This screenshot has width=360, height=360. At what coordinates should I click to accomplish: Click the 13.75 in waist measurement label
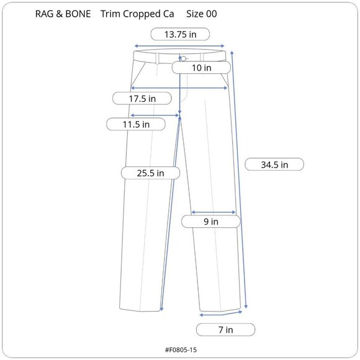click(x=180, y=34)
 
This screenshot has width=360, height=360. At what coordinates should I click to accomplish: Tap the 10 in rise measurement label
click(x=201, y=68)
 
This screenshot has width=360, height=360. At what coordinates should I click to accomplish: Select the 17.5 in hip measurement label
click(x=142, y=99)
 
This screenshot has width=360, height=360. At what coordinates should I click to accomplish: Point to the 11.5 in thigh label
click(x=136, y=124)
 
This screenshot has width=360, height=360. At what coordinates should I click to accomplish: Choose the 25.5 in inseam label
click(x=150, y=173)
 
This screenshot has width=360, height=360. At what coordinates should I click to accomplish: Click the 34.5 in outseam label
click(x=274, y=164)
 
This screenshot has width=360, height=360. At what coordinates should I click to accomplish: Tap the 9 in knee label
click(x=211, y=222)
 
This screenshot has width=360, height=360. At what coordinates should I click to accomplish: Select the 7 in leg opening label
click(x=226, y=330)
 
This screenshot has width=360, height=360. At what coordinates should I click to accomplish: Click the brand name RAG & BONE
click(x=63, y=14)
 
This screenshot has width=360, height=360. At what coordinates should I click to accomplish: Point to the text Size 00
click(x=201, y=14)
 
